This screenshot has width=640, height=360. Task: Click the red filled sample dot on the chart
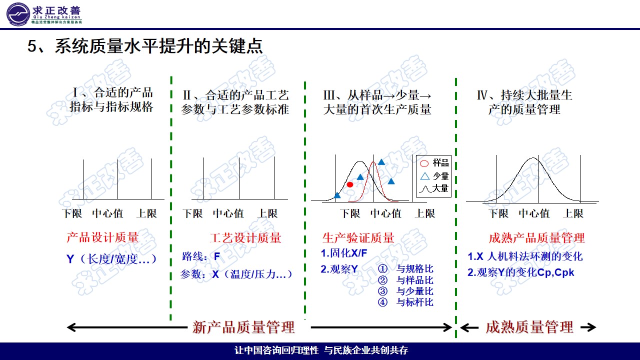350,184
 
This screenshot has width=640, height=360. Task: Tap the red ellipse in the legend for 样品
424,163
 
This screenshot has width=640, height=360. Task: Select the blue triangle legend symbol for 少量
424,176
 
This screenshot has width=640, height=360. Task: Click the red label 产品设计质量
102,238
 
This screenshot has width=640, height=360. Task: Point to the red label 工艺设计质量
245,238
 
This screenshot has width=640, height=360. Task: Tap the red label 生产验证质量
358,238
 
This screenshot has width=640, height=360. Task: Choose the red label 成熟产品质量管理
536,238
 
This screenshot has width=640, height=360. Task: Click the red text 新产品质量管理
243,327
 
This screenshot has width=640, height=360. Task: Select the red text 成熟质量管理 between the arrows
529,327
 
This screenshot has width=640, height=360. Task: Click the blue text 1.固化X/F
344,253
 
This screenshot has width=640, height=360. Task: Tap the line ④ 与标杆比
406,302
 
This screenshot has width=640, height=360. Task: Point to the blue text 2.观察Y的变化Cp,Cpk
521,272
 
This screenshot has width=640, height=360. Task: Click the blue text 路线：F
201,257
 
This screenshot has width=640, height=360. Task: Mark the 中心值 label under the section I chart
107,213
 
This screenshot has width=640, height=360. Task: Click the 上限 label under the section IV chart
573,213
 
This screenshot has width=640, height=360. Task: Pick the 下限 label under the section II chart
192,213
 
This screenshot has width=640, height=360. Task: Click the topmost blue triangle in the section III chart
381,161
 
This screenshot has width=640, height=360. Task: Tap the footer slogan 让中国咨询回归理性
276,350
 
